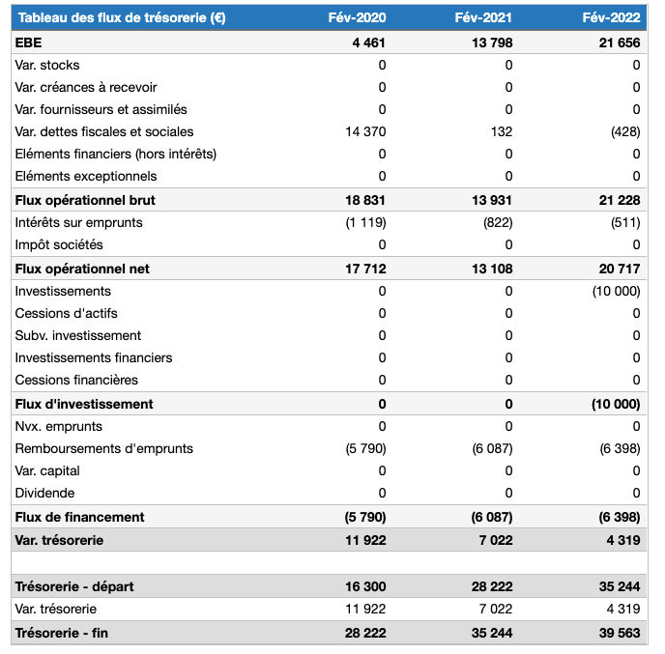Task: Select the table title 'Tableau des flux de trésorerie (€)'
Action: pos(121,17)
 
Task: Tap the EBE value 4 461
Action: pos(368,43)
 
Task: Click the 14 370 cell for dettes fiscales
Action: pos(365,131)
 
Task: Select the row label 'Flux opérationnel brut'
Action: pos(85,200)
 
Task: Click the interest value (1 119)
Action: pos(365,222)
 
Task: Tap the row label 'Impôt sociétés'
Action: pos(59,244)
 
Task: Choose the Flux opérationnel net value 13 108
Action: pos(492,269)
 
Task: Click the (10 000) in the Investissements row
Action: pos(615,291)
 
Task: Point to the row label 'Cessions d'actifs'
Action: pos(67,313)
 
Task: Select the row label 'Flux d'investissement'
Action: pos(84,404)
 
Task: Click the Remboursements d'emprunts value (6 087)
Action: pos(492,448)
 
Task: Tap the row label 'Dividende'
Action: pos(45,493)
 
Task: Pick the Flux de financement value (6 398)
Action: pos(619,517)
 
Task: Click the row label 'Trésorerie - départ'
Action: pos(76,586)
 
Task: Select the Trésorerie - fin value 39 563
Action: pos(619,633)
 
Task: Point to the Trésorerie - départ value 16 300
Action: pos(364,586)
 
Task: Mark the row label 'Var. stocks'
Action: pos(47,65)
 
